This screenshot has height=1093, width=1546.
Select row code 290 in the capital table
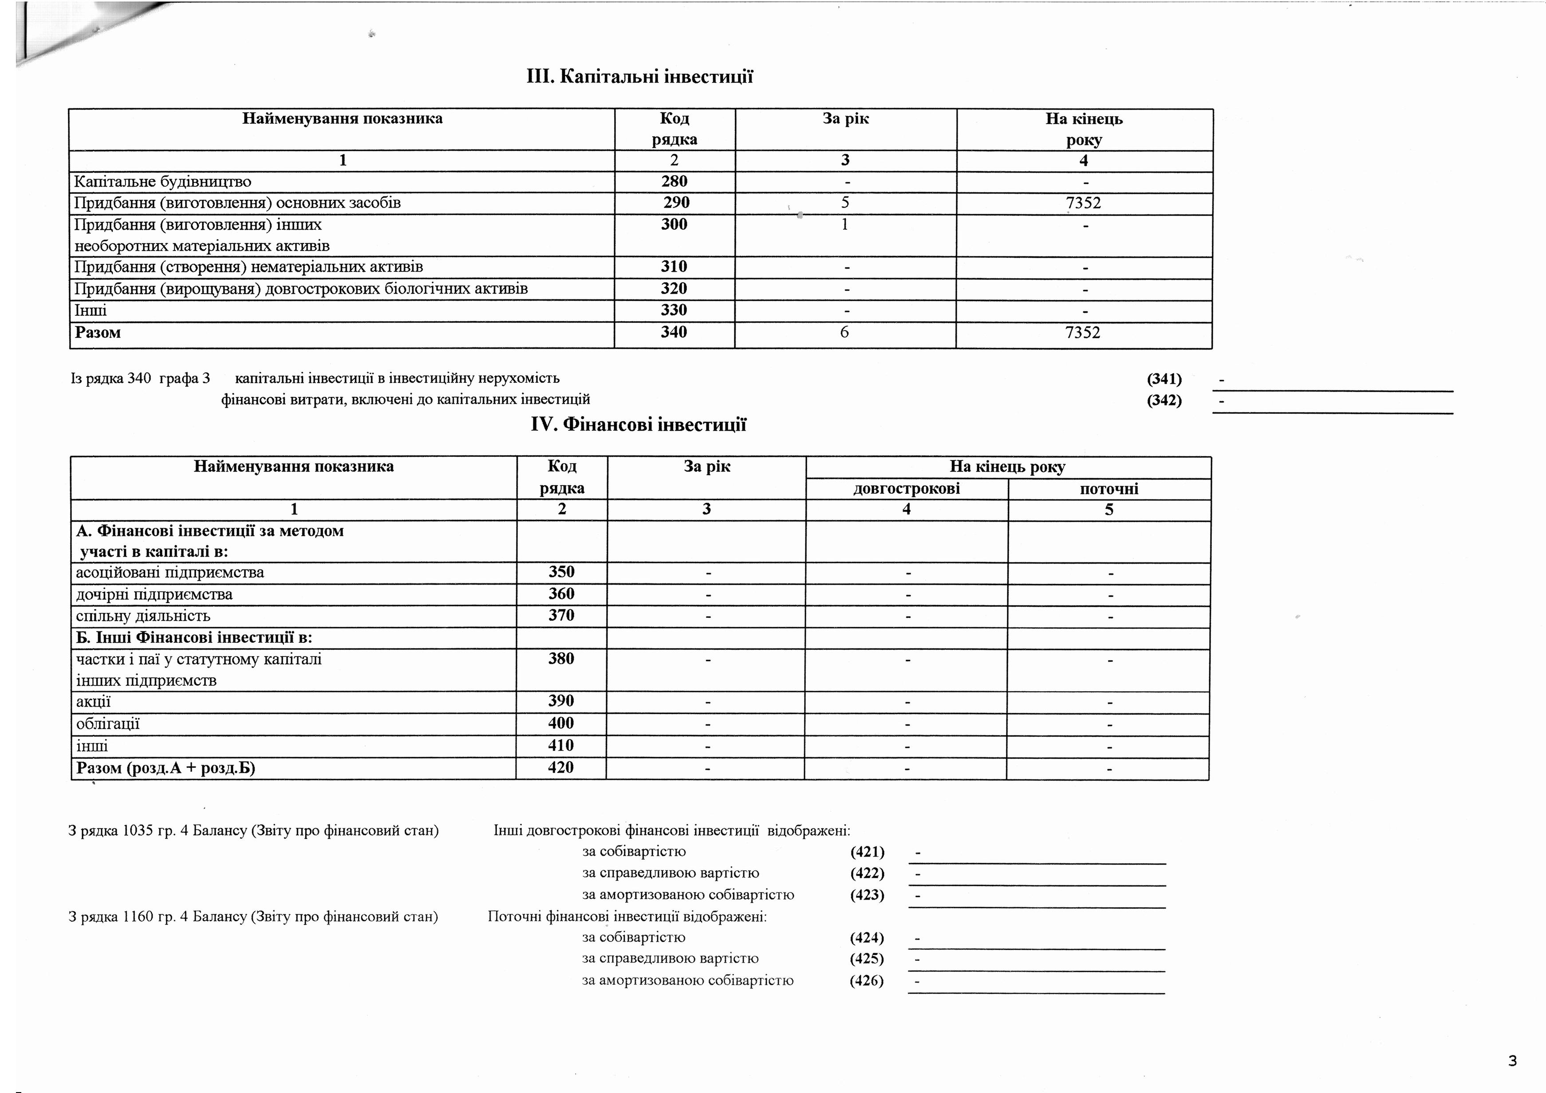click(x=676, y=203)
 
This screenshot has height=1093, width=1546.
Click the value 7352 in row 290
click(x=1084, y=203)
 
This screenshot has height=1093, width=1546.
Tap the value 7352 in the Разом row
click(x=1083, y=333)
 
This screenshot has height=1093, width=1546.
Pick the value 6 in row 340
click(x=844, y=333)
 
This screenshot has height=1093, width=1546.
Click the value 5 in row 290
click(x=845, y=203)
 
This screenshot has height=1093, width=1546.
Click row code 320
click(x=674, y=289)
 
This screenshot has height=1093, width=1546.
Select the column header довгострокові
click(x=906, y=489)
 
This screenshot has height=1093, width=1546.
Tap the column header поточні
click(x=1108, y=489)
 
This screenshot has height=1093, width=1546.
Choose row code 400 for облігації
click(x=561, y=723)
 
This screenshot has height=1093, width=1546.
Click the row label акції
click(x=94, y=702)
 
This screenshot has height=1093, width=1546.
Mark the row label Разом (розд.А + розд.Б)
click(x=166, y=768)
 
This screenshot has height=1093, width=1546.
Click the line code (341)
click(x=1164, y=379)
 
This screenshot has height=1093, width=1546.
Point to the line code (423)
click(x=867, y=895)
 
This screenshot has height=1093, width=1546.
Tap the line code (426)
click(x=867, y=981)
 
